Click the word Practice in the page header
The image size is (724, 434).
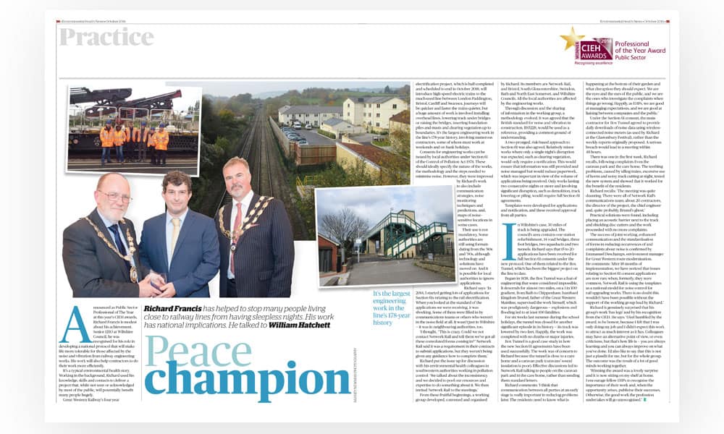click(106, 38)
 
